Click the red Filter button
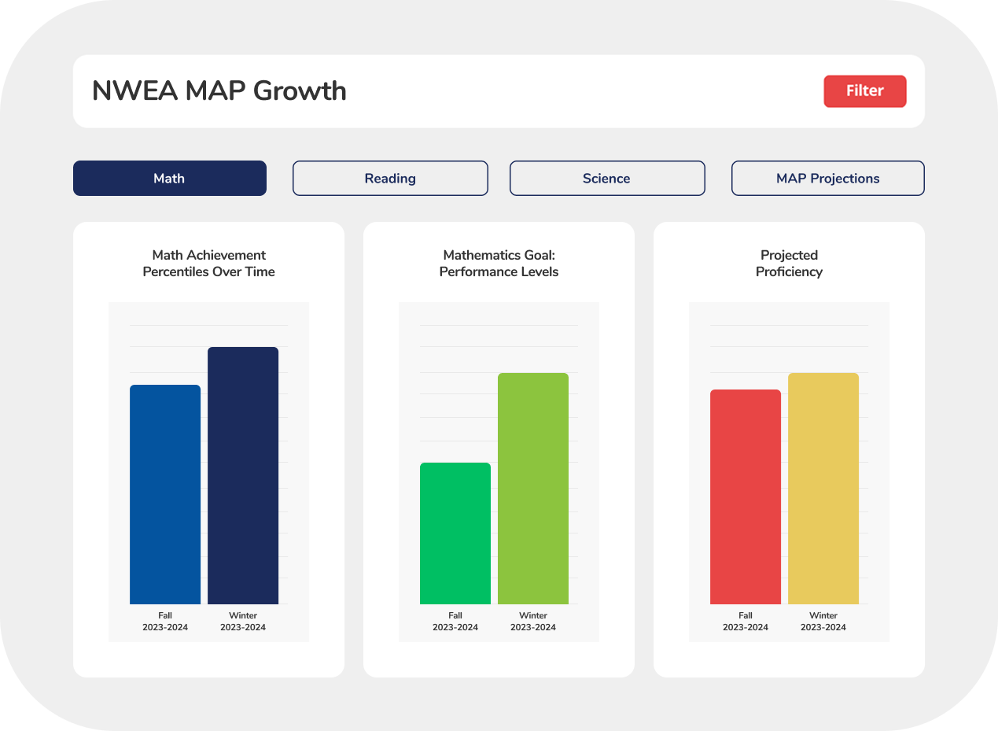(x=864, y=91)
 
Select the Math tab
(x=169, y=179)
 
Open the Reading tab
(x=390, y=179)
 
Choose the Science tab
(x=606, y=179)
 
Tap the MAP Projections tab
(x=827, y=179)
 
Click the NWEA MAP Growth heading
(x=219, y=91)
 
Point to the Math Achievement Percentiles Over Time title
(x=208, y=264)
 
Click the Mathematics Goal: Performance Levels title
(x=499, y=264)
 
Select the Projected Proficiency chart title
(x=789, y=264)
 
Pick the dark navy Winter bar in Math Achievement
(x=243, y=475)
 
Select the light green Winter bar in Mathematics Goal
(x=533, y=489)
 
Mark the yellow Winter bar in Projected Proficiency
(x=823, y=489)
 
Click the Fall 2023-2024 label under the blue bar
(x=165, y=622)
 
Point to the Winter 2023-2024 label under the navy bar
(x=243, y=622)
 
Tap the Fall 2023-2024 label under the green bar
(x=455, y=622)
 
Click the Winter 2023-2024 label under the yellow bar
(x=823, y=622)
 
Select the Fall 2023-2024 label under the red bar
(x=746, y=622)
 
